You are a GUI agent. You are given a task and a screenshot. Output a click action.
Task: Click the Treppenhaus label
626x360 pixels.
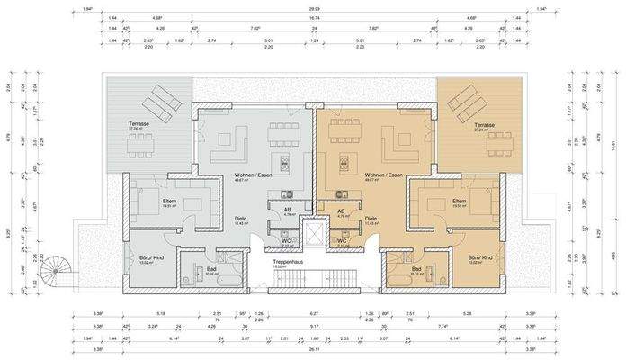point(288,262)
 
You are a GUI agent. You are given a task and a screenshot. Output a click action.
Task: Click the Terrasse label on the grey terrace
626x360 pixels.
point(139,125)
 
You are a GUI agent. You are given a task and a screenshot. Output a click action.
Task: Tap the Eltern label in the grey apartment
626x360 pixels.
point(145,200)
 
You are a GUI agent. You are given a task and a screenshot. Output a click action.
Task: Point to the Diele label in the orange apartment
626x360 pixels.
point(371,219)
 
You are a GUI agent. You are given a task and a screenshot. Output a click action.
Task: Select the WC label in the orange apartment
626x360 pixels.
point(343,240)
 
